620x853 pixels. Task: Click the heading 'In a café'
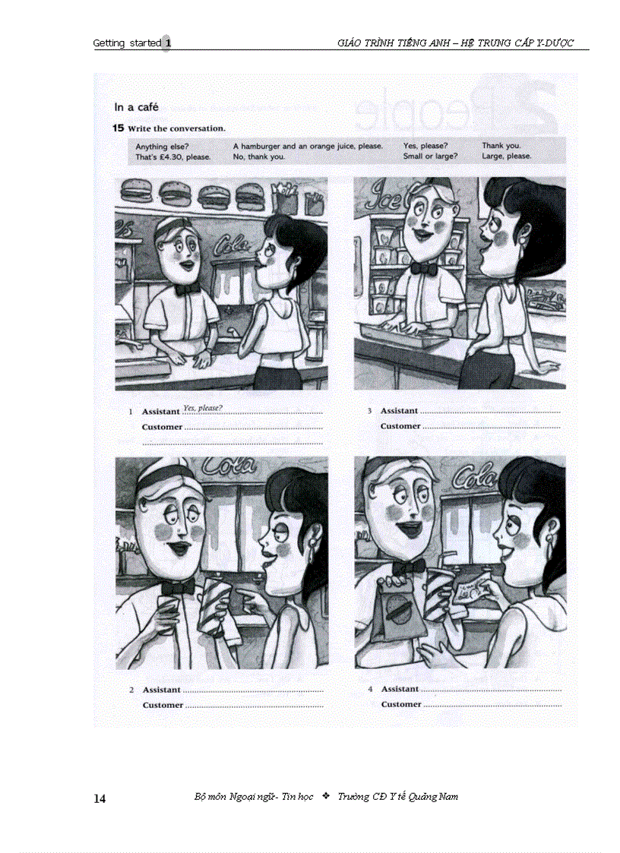pos(136,107)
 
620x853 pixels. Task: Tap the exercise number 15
pos(118,128)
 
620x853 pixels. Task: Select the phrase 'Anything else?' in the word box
pos(162,147)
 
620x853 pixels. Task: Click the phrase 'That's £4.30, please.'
pos(173,156)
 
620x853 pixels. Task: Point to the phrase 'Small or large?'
pos(430,156)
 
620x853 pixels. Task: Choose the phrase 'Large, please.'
pos(506,156)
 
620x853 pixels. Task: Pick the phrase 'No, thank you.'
pos(259,156)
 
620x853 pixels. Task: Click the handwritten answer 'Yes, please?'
pos(203,408)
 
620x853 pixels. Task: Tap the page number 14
pos(100,798)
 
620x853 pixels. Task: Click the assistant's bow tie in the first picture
pos(185,289)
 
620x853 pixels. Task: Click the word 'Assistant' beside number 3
pos(399,411)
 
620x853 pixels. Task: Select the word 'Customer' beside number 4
pos(401,704)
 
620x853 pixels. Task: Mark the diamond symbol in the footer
pos(326,796)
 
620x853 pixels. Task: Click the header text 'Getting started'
pos(127,43)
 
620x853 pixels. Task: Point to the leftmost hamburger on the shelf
pos(136,191)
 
